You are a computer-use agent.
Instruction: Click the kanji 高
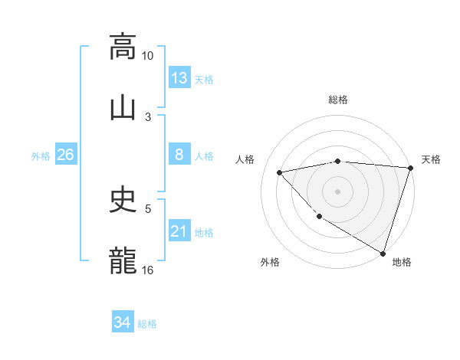point(123,46)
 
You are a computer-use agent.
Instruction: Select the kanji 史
point(123,200)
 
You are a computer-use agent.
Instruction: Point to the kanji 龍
point(123,260)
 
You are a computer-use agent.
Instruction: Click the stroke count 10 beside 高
point(148,56)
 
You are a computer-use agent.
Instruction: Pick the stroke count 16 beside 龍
point(148,270)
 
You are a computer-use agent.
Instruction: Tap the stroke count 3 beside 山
point(148,116)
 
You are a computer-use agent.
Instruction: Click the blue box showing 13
point(179,78)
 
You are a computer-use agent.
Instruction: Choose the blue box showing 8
point(179,155)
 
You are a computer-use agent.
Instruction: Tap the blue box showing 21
point(179,231)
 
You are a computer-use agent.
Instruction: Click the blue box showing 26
point(66,155)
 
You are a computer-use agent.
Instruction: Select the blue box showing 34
point(123,323)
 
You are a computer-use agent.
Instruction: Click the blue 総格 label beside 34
point(147,324)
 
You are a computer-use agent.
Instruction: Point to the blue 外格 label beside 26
point(41,156)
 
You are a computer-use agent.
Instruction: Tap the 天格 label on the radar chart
point(431,159)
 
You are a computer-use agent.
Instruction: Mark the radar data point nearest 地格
point(383,253)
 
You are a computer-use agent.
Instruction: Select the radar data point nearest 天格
point(410,168)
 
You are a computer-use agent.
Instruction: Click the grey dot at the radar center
point(337,191)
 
